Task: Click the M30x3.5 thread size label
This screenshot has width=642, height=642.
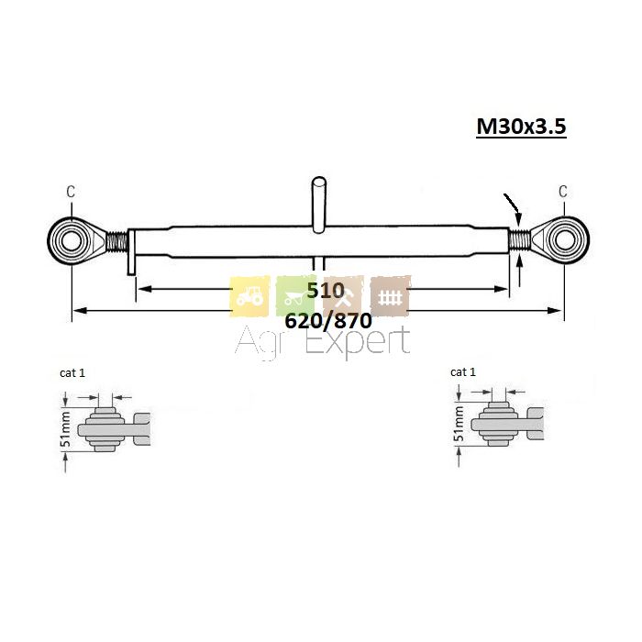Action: coord(521,127)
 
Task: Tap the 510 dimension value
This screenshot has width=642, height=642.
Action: coord(326,291)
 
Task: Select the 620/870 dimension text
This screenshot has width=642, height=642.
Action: coord(328,321)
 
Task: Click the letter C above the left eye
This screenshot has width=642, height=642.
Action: coord(71,192)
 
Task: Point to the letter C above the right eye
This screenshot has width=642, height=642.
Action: coord(563,191)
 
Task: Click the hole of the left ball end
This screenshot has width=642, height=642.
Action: coord(72,240)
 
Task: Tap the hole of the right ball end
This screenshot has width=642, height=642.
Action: coord(564,240)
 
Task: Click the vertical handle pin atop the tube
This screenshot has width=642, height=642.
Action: coord(318,205)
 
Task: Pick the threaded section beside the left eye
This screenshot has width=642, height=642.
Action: coord(117,240)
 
